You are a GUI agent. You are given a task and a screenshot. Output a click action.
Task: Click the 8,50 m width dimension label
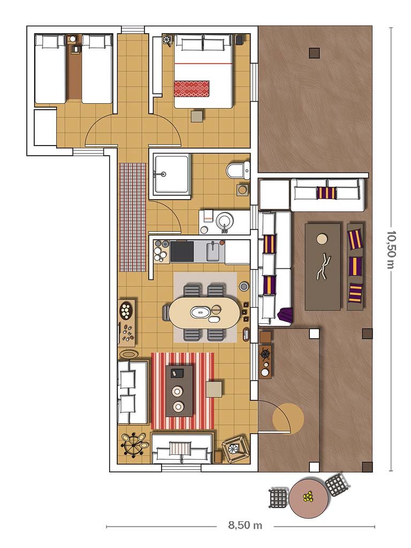245,525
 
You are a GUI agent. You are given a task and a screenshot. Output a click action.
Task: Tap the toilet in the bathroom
239,170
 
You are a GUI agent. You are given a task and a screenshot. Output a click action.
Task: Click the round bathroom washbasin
224,222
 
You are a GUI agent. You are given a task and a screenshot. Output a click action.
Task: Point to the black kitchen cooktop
182,252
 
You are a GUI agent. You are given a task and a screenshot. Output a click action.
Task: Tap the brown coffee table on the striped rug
179,391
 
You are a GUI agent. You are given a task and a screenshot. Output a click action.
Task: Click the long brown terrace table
323,267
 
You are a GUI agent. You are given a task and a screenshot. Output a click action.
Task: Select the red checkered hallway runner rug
133,217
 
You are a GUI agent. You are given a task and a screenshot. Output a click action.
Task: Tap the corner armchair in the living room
235,449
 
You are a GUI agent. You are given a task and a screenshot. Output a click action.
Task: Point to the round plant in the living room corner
134,444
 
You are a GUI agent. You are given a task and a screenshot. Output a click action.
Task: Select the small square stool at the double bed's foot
197,116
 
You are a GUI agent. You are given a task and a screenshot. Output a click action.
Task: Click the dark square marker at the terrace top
315,53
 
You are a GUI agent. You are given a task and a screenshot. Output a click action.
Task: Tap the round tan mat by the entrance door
288,418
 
